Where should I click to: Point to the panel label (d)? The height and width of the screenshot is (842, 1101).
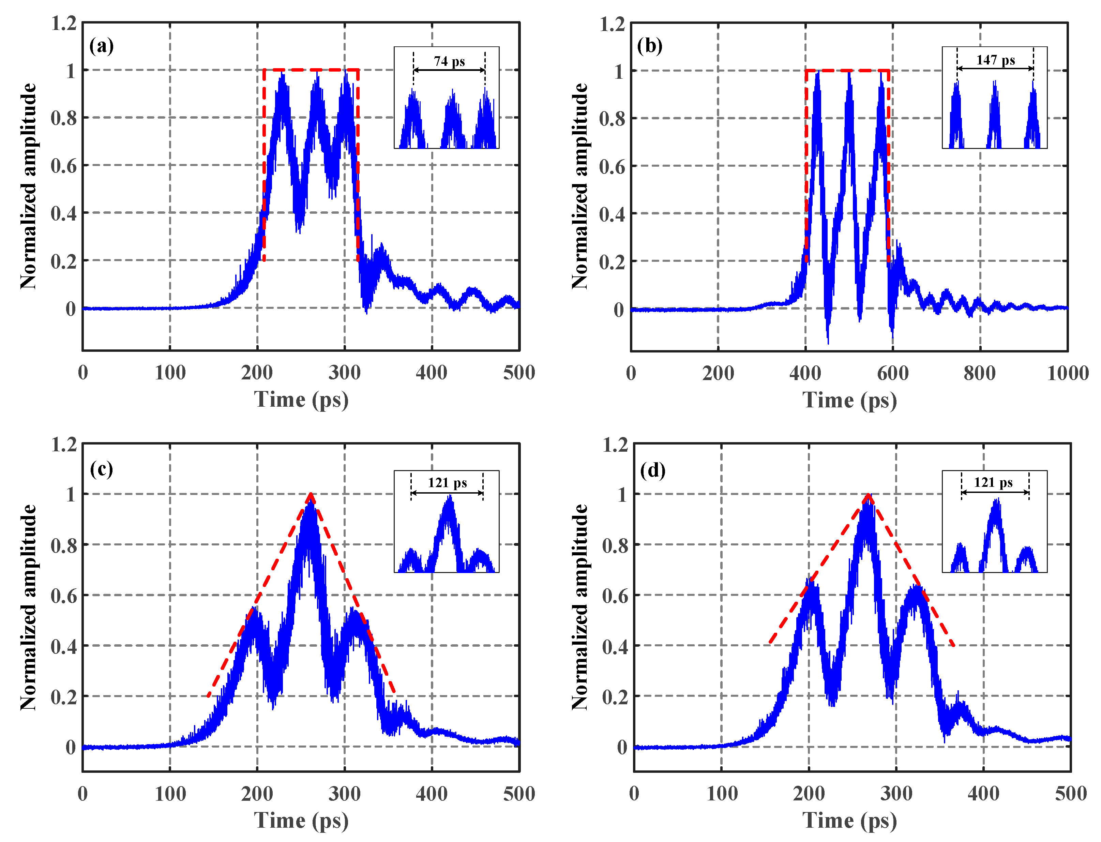click(x=652, y=470)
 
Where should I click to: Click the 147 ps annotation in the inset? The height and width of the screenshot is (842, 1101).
click(x=995, y=60)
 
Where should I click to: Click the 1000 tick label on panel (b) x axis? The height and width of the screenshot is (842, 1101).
click(x=1067, y=373)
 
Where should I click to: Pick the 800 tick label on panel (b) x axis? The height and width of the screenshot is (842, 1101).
click(x=980, y=373)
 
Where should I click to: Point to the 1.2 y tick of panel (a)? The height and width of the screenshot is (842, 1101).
click(x=64, y=24)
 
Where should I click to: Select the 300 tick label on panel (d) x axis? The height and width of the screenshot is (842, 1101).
click(x=896, y=794)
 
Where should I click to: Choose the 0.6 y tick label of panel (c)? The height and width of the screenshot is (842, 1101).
click(x=64, y=596)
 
